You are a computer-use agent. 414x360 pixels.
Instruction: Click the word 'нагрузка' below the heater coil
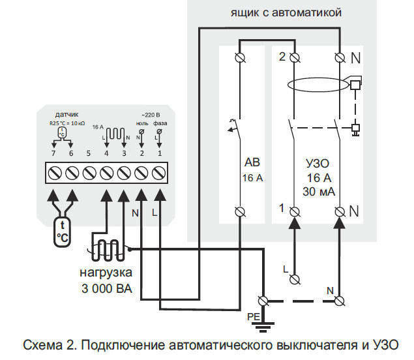click(x=106, y=272)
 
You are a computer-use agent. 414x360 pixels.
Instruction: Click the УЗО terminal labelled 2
click(x=294, y=58)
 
